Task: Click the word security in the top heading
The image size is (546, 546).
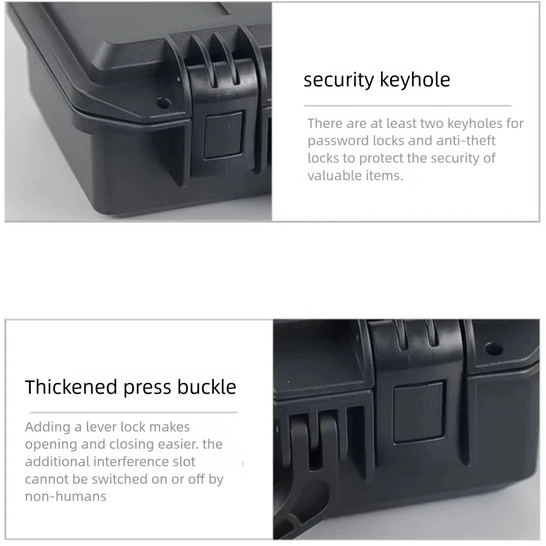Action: point(338,80)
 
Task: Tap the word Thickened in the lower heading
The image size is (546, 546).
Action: point(71,387)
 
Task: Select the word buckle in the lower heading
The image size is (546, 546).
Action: point(207,387)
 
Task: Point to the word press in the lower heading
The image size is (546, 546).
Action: point(147,388)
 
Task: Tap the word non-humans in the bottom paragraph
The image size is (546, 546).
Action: point(65,496)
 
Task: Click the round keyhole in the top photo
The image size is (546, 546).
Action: point(163,103)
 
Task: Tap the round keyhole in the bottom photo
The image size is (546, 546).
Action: point(493,349)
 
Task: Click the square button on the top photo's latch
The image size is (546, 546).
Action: point(223,135)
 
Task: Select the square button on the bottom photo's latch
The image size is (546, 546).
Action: point(419,413)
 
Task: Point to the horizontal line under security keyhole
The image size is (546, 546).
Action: point(408,105)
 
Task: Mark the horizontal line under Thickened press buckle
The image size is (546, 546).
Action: point(133,413)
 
